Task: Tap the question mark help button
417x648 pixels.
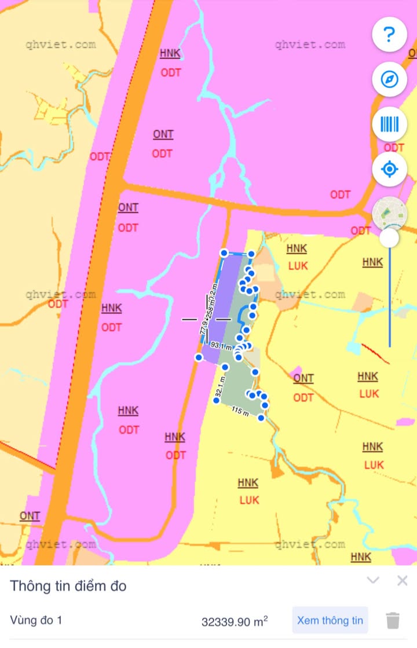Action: (x=390, y=35)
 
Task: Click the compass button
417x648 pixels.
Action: (x=390, y=79)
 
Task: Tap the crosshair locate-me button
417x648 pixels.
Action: (x=390, y=170)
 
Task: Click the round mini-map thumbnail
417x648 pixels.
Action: (x=390, y=213)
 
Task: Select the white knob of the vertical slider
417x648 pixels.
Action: (x=389, y=237)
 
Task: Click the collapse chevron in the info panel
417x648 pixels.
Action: (x=374, y=580)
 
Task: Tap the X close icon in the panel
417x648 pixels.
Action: (x=403, y=580)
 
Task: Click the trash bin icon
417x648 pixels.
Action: (x=393, y=620)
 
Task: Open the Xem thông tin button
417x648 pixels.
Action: (x=330, y=620)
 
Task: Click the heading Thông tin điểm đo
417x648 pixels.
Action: (x=68, y=585)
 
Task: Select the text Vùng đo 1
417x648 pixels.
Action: (x=36, y=620)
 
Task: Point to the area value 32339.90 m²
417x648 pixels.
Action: (x=235, y=621)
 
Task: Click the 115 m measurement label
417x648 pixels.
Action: (x=240, y=411)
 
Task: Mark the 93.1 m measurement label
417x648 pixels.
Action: (x=221, y=345)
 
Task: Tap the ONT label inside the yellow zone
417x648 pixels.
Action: (x=303, y=378)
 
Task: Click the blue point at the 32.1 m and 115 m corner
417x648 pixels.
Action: (x=216, y=400)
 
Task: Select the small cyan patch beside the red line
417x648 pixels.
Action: (x=352, y=347)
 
